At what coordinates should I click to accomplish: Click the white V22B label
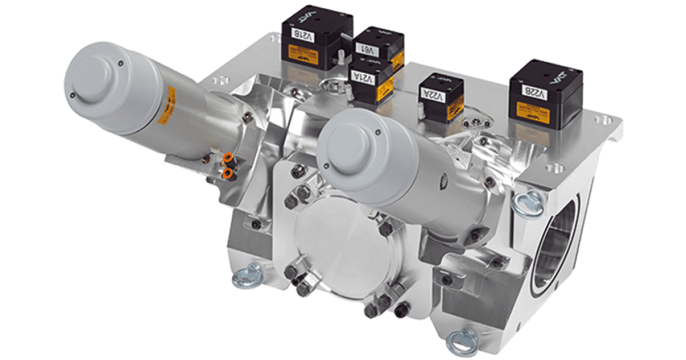click(x=539, y=92)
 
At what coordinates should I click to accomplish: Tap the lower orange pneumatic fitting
click(x=228, y=173)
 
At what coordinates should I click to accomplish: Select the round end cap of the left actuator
click(x=94, y=79)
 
